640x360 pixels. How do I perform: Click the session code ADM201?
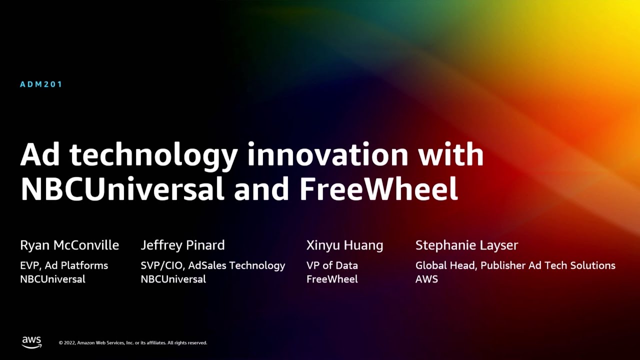tap(41, 84)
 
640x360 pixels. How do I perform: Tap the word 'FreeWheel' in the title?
tap(378, 188)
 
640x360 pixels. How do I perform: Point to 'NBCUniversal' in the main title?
tap(122, 188)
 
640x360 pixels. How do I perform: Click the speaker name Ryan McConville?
tap(69, 245)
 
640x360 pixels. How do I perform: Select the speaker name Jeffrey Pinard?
tap(182, 245)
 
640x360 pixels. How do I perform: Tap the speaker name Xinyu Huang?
tap(344, 245)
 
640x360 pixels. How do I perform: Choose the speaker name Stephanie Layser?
tap(466, 245)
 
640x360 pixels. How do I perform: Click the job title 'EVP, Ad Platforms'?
tap(64, 265)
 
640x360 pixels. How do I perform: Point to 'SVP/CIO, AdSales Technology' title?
tap(212, 265)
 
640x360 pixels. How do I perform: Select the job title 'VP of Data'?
tap(332, 265)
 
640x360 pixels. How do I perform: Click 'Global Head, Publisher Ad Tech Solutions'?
tap(515, 265)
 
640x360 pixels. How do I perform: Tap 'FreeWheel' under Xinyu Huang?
tap(332, 279)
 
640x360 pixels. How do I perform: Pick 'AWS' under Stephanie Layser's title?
tap(426, 279)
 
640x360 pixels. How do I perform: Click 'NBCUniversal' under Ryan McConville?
tap(52, 279)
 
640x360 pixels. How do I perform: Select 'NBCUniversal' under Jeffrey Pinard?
tap(173, 279)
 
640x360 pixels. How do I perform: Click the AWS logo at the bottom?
tap(31, 342)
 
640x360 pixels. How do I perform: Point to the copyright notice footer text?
tap(133, 343)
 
